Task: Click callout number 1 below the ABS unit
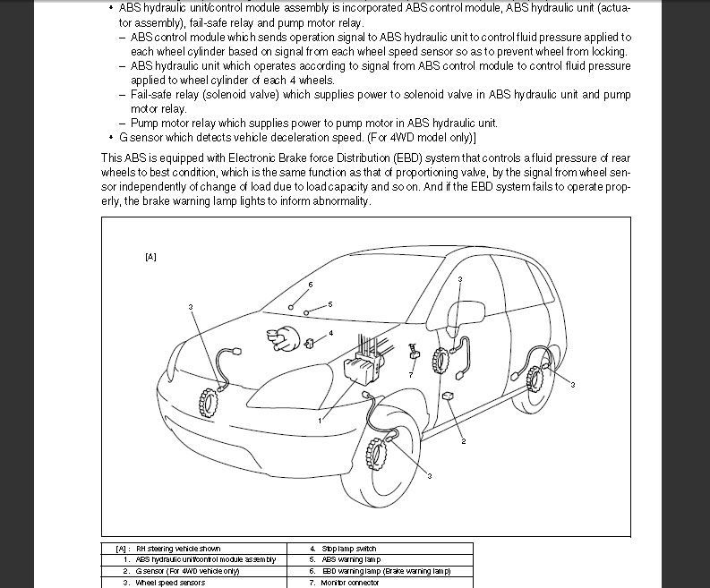tap(319, 419)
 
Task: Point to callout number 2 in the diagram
tap(464, 441)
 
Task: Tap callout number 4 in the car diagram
tap(331, 333)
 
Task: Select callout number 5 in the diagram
tap(330, 304)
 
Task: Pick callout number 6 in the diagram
tap(310, 285)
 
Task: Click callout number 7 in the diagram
tap(411, 374)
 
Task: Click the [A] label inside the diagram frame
tap(150, 257)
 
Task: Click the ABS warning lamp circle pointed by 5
tap(307, 312)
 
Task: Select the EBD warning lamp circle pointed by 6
tap(292, 306)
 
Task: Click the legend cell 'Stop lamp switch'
tap(343, 549)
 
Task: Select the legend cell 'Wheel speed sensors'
tap(169, 583)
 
